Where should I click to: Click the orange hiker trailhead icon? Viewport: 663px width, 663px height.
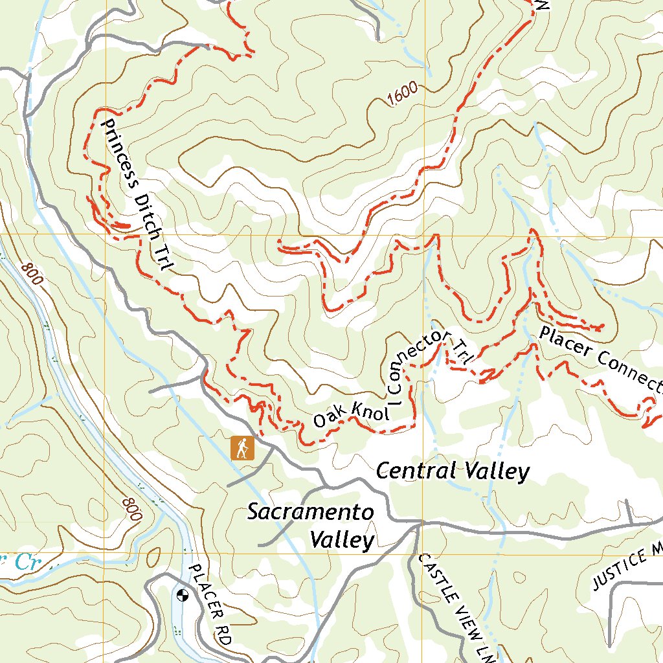click(x=243, y=448)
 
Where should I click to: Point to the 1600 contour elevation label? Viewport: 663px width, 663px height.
click(x=402, y=95)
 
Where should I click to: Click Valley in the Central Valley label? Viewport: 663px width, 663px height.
click(x=495, y=472)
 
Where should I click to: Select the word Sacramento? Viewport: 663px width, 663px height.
click(x=310, y=512)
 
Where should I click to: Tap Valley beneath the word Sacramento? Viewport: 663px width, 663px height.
click(x=342, y=539)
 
